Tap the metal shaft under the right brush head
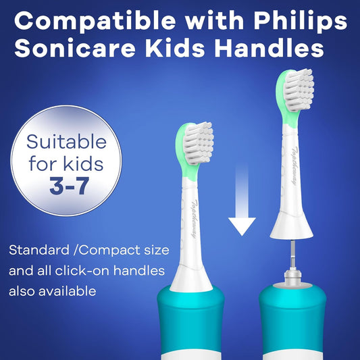295,260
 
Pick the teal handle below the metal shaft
295,324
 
